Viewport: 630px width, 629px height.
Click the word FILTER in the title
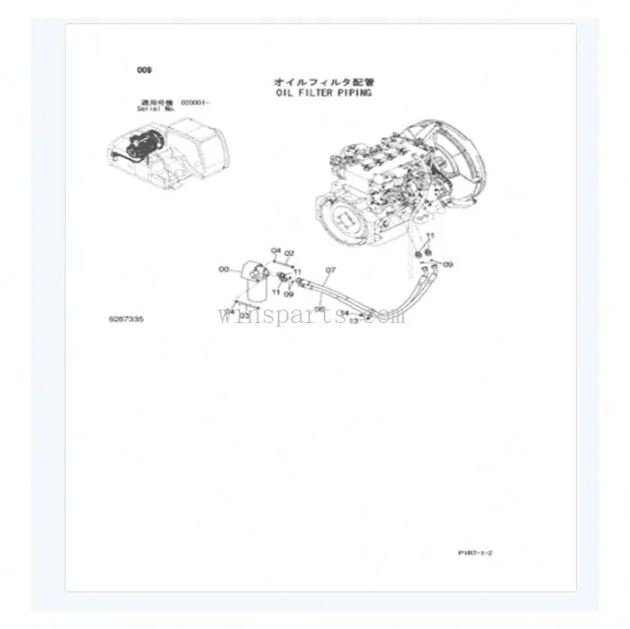[314, 92]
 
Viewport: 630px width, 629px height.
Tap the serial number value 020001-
[194, 103]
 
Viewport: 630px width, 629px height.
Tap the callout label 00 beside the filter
[223, 268]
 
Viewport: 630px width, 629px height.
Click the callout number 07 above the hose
[330, 269]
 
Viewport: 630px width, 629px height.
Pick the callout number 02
[290, 254]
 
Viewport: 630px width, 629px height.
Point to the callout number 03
[244, 317]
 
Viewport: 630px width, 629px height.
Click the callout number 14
[344, 312]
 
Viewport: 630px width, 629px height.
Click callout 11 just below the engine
[429, 237]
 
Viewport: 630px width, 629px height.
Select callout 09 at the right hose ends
[448, 265]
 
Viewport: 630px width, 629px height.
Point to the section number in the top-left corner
[143, 69]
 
